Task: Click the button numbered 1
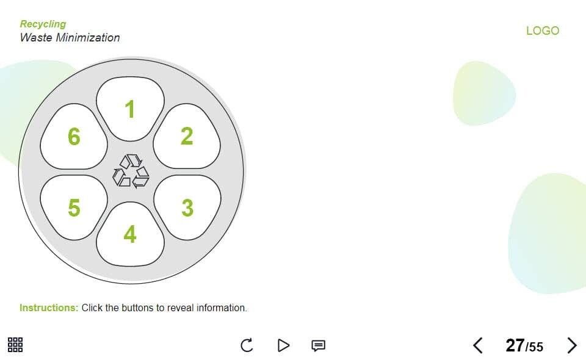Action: [130, 109]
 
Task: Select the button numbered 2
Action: [187, 136]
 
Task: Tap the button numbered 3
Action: [187, 207]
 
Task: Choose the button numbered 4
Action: [130, 234]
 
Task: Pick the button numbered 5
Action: [74, 207]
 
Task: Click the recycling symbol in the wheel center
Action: [131, 171]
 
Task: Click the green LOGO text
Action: [543, 31]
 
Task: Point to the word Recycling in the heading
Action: [43, 24]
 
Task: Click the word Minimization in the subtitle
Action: [88, 37]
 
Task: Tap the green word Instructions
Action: [49, 308]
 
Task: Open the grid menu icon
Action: [15, 345]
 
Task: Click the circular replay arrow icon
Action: [247, 345]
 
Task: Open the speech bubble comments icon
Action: [319, 345]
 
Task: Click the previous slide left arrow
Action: [477, 345]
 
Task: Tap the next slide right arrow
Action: [572, 345]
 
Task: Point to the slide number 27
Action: [515, 345]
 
